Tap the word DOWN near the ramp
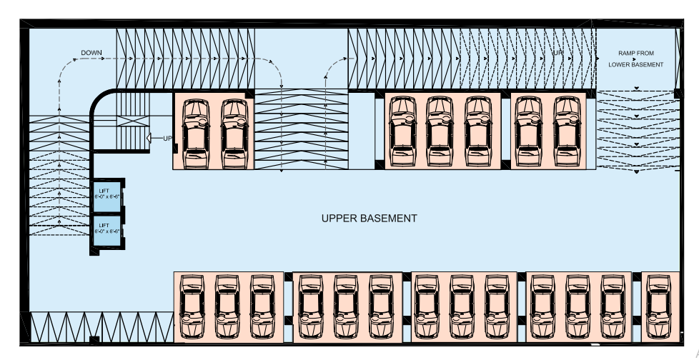click(x=91, y=53)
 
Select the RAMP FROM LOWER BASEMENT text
click(x=636, y=59)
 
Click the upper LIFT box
click(x=105, y=194)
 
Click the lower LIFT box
click(x=105, y=229)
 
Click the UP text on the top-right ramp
click(x=557, y=54)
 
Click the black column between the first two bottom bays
click(x=289, y=276)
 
